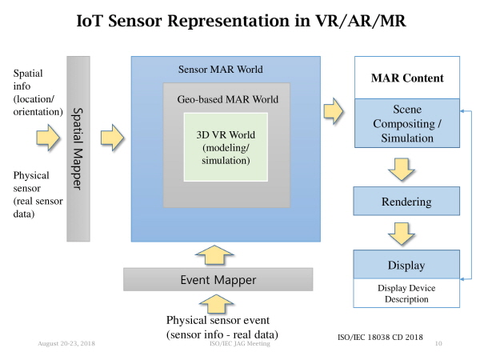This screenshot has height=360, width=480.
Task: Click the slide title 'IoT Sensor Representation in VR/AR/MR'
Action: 241,21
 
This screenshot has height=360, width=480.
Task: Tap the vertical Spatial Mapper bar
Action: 78,149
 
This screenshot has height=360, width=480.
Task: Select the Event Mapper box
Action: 218,279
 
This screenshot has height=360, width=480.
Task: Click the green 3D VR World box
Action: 226,147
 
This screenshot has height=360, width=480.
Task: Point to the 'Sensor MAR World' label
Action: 221,69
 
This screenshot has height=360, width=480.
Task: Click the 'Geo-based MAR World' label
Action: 228,99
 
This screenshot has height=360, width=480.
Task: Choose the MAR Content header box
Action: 407,78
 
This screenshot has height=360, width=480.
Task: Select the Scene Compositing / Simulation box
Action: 407,123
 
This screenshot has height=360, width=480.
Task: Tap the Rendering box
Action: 406,201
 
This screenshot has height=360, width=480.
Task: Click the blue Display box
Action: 406,265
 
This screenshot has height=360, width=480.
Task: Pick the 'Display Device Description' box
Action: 406,294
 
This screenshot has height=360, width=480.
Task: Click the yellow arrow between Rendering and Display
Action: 402,234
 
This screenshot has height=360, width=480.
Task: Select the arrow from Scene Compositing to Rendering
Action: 402,170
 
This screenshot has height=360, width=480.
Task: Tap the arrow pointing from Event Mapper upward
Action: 214,254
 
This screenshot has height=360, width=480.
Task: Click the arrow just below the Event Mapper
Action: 216,304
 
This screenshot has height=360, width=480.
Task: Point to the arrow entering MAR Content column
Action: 334,111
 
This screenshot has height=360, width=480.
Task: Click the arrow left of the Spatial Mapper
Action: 48,137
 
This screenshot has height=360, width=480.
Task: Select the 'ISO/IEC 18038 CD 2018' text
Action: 380,337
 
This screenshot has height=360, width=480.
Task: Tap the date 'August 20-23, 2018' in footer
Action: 66,343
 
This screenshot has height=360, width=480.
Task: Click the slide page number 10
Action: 438,343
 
